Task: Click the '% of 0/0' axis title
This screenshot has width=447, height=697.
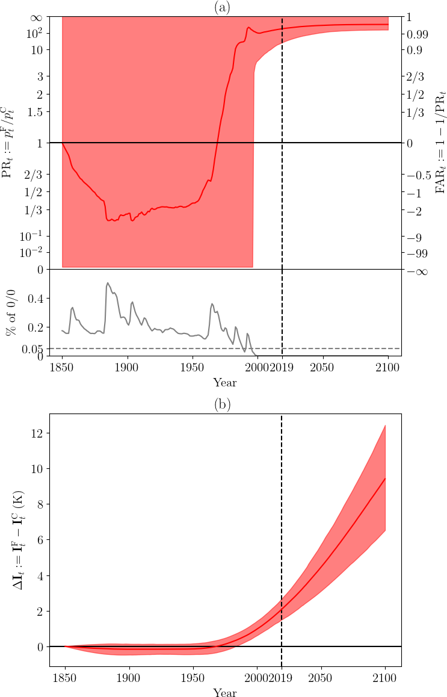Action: pyautogui.click(x=12, y=312)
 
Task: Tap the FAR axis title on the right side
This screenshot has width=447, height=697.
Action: pyautogui.click(x=441, y=142)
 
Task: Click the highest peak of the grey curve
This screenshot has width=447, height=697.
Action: pyautogui.click(x=108, y=282)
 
